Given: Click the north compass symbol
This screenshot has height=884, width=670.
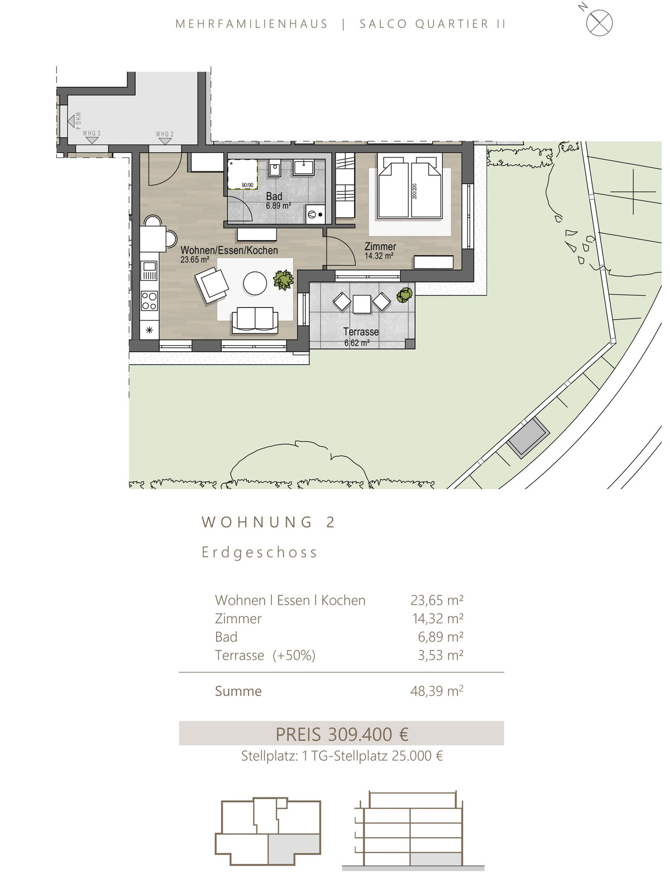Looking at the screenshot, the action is pyautogui.click(x=599, y=22).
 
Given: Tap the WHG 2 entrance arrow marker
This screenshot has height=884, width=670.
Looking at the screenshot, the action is pyautogui.click(x=164, y=141).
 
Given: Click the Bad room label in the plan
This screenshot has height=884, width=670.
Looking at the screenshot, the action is pyautogui.click(x=274, y=196).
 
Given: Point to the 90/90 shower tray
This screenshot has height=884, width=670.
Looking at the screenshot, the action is pyautogui.click(x=243, y=174).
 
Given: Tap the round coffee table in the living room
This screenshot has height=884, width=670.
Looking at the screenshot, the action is pyautogui.click(x=255, y=283).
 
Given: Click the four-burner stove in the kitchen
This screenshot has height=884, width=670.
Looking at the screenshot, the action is pyautogui.click(x=149, y=301).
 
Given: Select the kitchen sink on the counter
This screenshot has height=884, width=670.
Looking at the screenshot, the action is pyautogui.click(x=150, y=270).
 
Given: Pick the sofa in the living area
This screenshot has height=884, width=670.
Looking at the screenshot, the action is pyautogui.click(x=255, y=320).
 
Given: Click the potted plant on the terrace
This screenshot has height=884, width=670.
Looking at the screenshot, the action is pyautogui.click(x=405, y=295).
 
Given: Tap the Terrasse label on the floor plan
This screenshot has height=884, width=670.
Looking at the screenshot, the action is pyautogui.click(x=361, y=332).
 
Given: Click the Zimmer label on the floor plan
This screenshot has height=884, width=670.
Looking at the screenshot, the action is pyautogui.click(x=380, y=246).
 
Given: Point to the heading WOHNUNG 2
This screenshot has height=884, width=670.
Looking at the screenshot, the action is pyautogui.click(x=268, y=522).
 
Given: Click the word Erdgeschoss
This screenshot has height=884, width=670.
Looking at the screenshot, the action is pyautogui.click(x=260, y=552).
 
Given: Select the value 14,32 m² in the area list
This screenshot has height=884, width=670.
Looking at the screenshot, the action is pyautogui.click(x=437, y=618).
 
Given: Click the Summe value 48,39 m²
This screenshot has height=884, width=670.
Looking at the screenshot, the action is pyautogui.click(x=437, y=691).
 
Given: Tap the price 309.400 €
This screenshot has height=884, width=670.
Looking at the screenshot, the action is pyautogui.click(x=368, y=734).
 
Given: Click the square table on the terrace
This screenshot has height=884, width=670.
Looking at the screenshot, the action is pyautogui.click(x=362, y=304).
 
